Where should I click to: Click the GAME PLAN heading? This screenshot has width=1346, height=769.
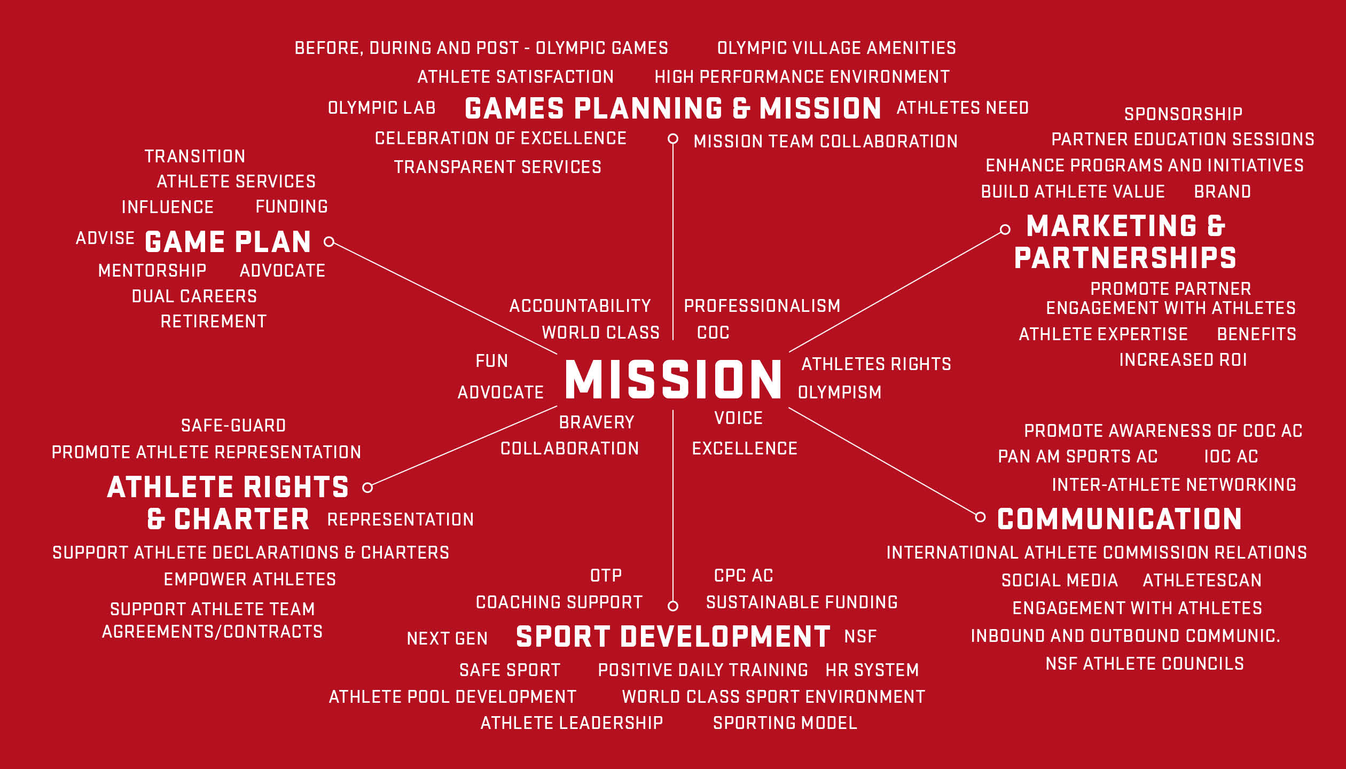pyautogui.click(x=228, y=242)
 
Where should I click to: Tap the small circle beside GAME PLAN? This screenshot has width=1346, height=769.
pyautogui.click(x=329, y=242)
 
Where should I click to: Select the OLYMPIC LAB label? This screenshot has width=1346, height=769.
pyautogui.click(x=381, y=108)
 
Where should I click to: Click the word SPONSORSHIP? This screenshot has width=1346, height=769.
pyautogui.click(x=1183, y=114)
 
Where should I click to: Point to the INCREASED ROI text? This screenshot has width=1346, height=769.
pyautogui.click(x=1183, y=360)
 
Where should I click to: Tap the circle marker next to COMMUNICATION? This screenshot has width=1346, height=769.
pyautogui.click(x=980, y=517)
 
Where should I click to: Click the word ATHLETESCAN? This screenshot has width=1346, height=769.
pyautogui.click(x=1202, y=580)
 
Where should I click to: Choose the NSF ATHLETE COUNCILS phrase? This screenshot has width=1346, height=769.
pyautogui.click(x=1145, y=664)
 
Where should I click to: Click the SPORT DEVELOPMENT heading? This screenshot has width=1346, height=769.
pyautogui.click(x=673, y=637)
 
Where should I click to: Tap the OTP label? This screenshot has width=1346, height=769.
pyautogui.click(x=606, y=576)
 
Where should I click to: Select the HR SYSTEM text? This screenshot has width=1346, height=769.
pyautogui.click(x=872, y=670)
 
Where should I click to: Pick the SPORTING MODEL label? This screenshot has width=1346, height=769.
pyautogui.click(x=785, y=723)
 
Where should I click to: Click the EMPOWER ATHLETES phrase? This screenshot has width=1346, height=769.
pyautogui.click(x=250, y=579)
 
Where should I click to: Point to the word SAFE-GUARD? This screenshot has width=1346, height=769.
pyautogui.click(x=233, y=426)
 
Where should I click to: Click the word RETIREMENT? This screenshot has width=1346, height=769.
pyautogui.click(x=214, y=321)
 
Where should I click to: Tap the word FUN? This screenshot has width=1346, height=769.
pyautogui.click(x=491, y=361)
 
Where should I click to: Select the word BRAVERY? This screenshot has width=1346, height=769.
pyautogui.click(x=597, y=422)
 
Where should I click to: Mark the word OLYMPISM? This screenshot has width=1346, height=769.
pyautogui.click(x=840, y=393)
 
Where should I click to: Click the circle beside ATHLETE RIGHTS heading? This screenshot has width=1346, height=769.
pyautogui.click(x=367, y=488)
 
